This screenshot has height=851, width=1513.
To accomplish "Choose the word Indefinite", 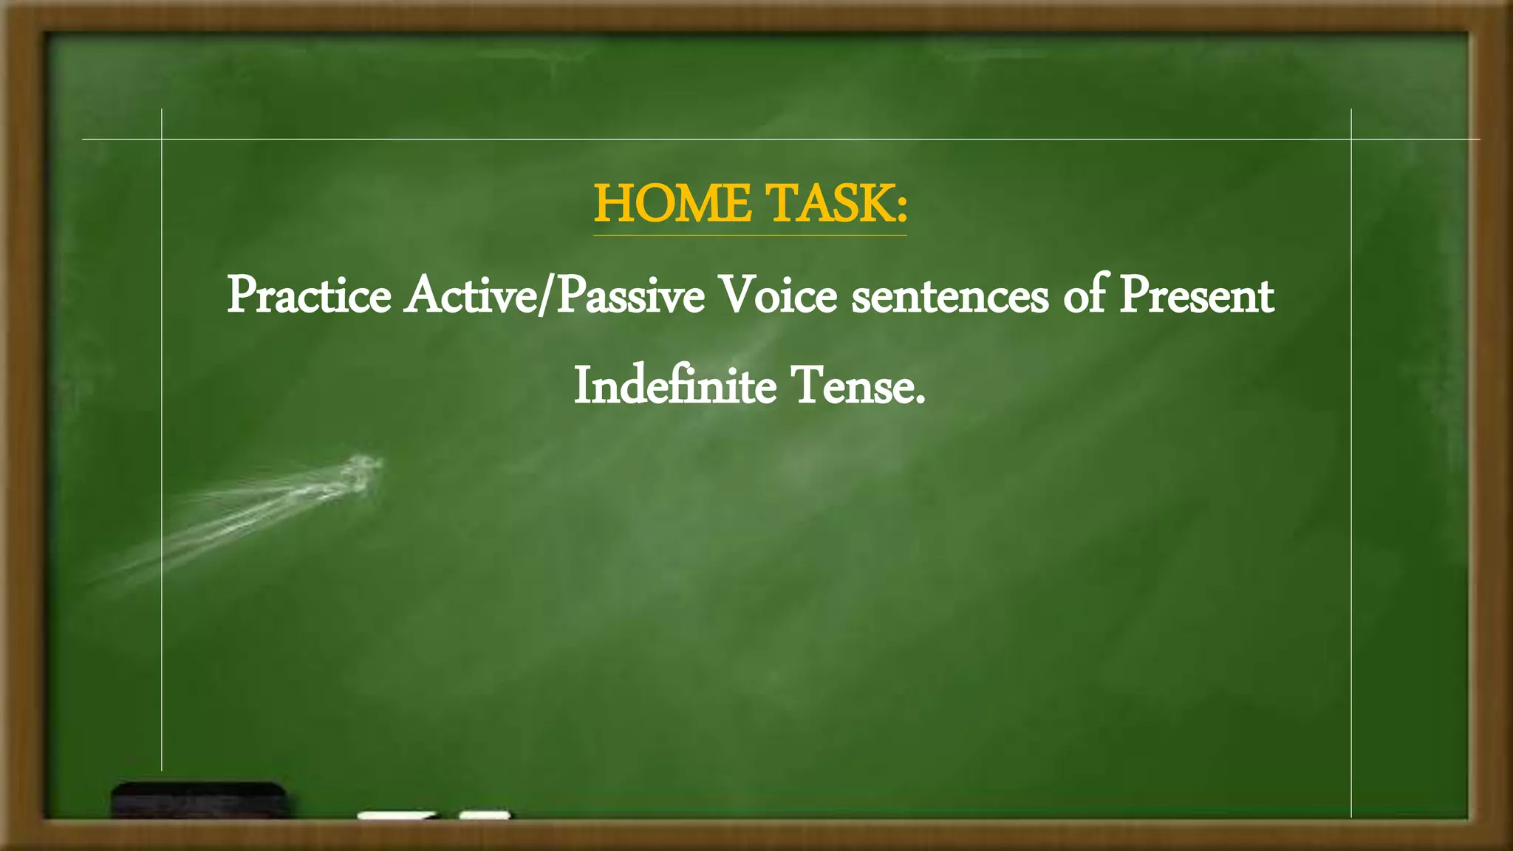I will pyautogui.click(x=674, y=386).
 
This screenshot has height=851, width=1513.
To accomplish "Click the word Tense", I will pyautogui.click(x=850, y=386).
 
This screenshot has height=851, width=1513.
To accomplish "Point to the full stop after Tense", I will pyautogui.click(x=920, y=402).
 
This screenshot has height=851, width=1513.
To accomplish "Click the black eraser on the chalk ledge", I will pyautogui.click(x=199, y=799).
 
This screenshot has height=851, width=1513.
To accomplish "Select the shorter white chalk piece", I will pyautogui.click(x=485, y=816).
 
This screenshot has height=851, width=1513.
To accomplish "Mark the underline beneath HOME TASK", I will pyautogui.click(x=750, y=235).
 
